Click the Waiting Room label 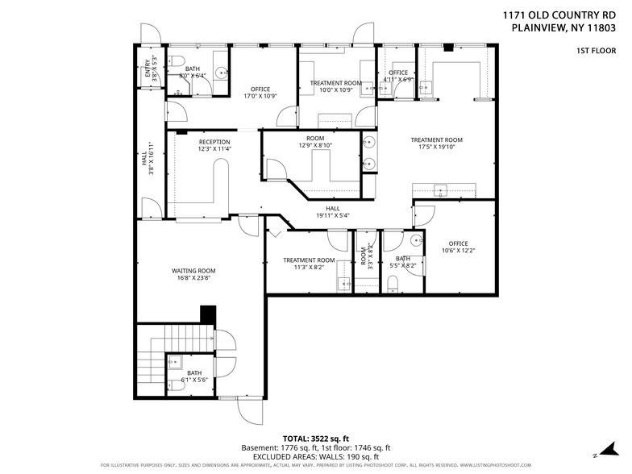pos(194,270)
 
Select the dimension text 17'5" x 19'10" pos(440,148)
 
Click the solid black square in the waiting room pos(208,314)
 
